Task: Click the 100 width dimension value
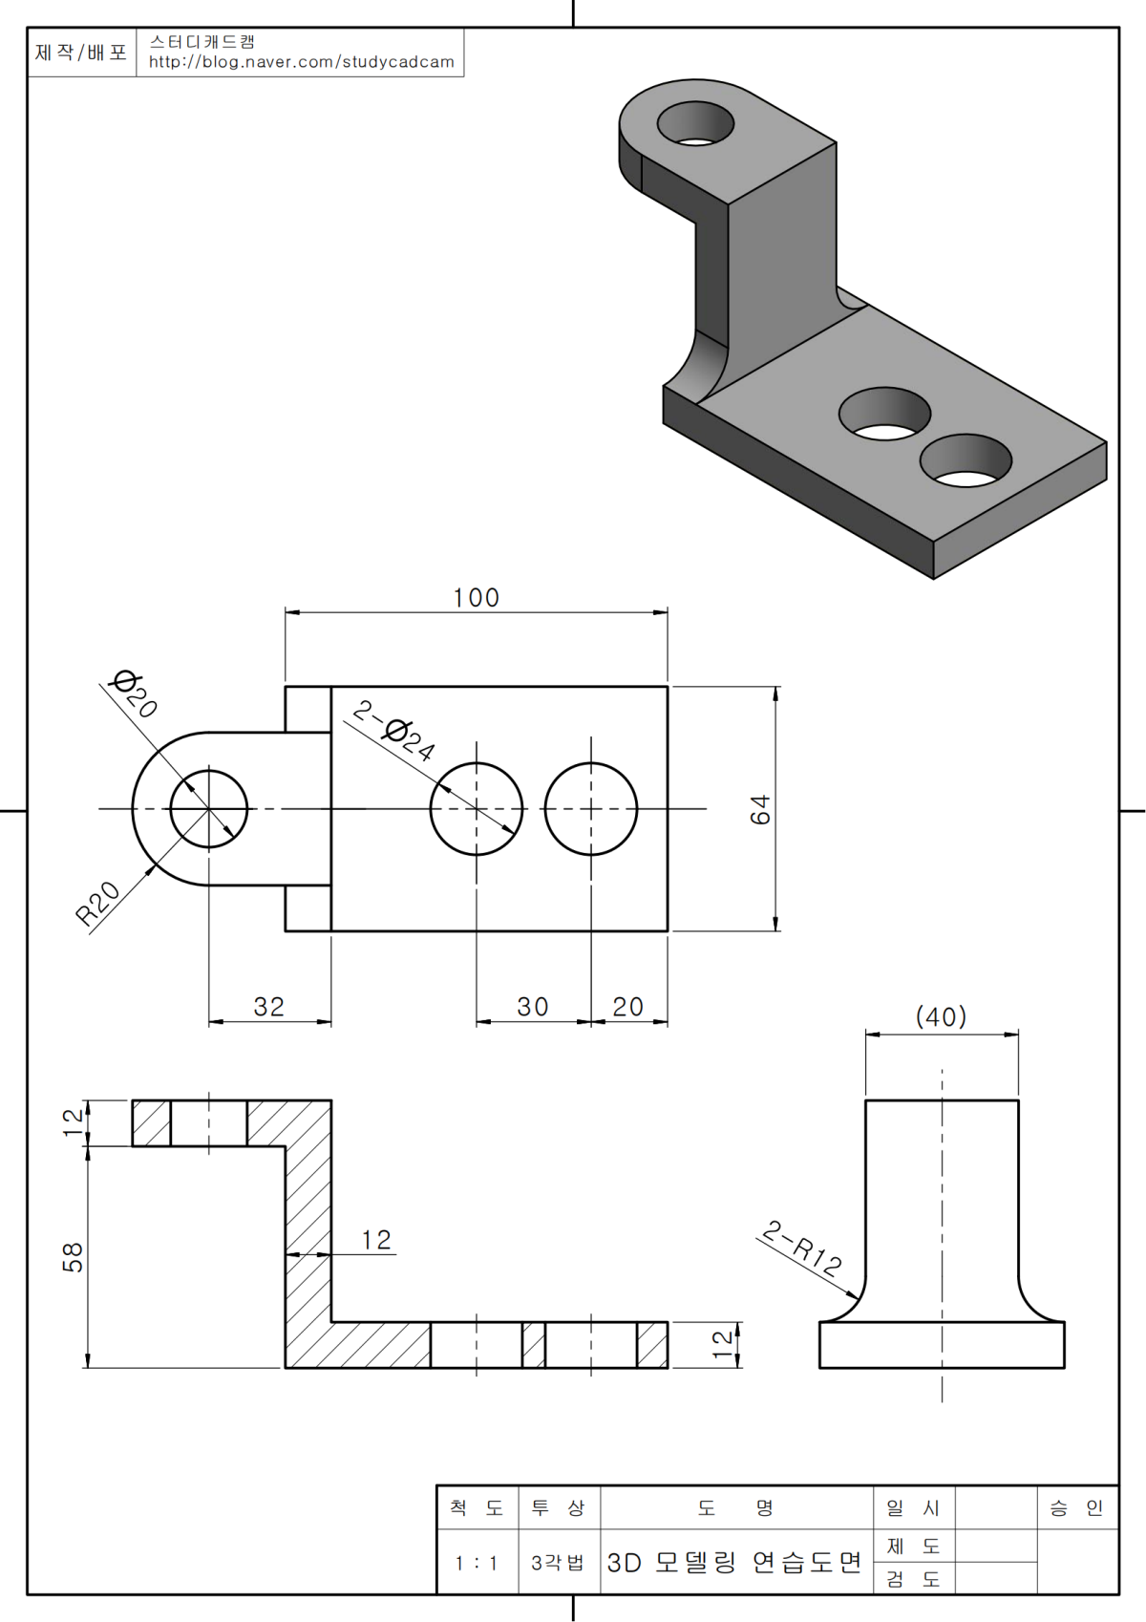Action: pos(476,598)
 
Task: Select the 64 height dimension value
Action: pos(760,809)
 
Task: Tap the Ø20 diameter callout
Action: pos(134,694)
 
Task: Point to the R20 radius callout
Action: pos(97,903)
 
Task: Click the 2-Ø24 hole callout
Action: pos(394,731)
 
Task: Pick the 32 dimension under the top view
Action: pos(268,1007)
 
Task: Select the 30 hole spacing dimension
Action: pos(532,1007)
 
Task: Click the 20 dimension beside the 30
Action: pos(627,1007)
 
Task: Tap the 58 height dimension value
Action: pos(73,1257)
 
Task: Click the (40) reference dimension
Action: pos(941,1017)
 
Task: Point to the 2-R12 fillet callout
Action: pos(803,1248)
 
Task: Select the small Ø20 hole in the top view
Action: pos(209,809)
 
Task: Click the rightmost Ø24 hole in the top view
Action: pos(591,809)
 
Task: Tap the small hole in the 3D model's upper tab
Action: pos(695,123)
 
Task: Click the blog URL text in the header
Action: pos(302,62)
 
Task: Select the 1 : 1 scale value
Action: pos(477,1564)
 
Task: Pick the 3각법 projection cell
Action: pos(558,1564)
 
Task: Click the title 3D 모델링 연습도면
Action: pos(734,1563)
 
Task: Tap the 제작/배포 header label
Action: pos(81,53)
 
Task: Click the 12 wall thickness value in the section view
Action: pos(376,1240)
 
